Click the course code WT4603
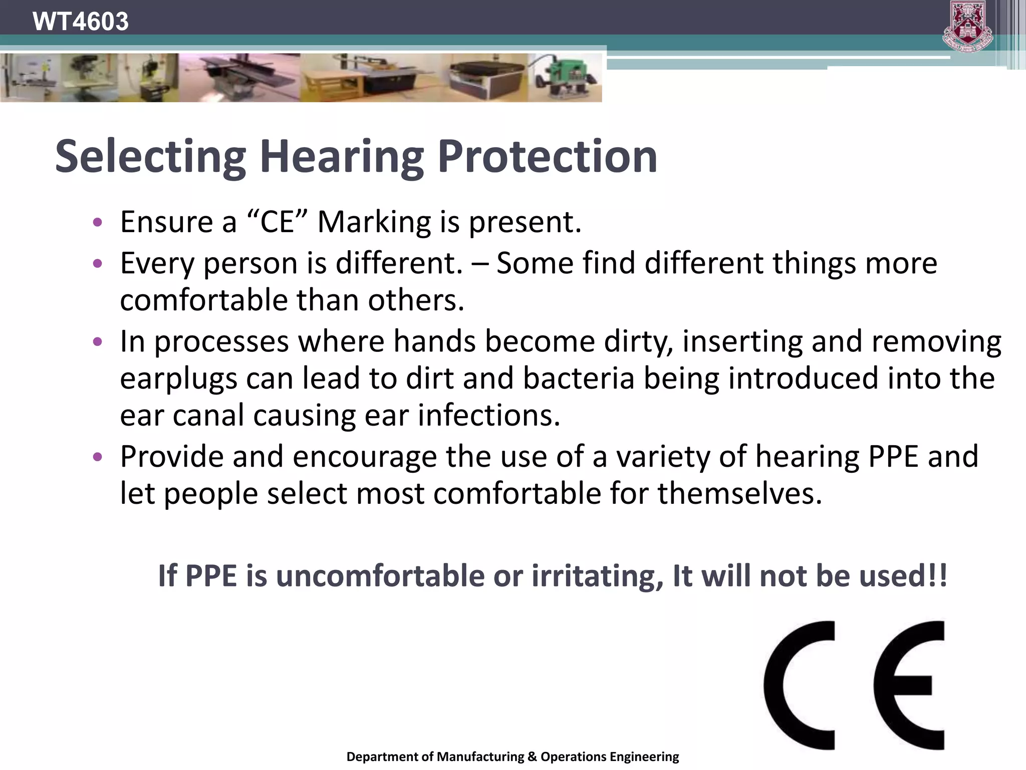(80, 22)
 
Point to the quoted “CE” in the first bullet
(277, 222)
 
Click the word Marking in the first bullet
(374, 223)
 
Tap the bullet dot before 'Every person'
(98, 263)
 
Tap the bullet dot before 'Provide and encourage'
(98, 457)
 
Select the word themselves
(739, 493)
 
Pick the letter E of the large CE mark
(909, 685)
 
